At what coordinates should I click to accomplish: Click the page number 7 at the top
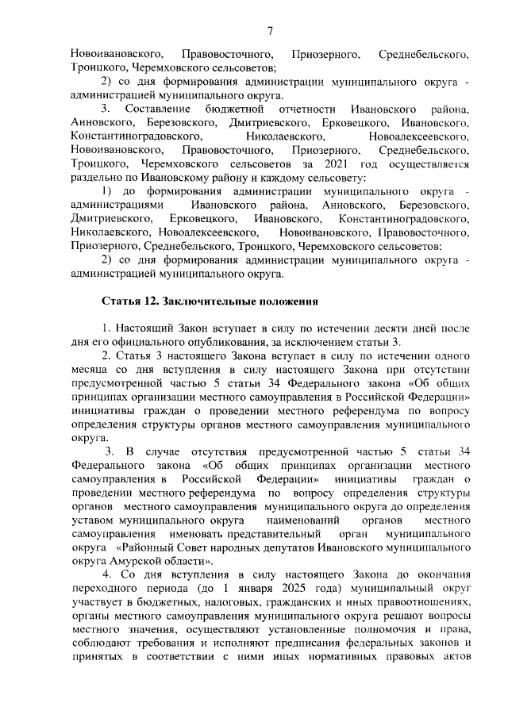269,32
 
